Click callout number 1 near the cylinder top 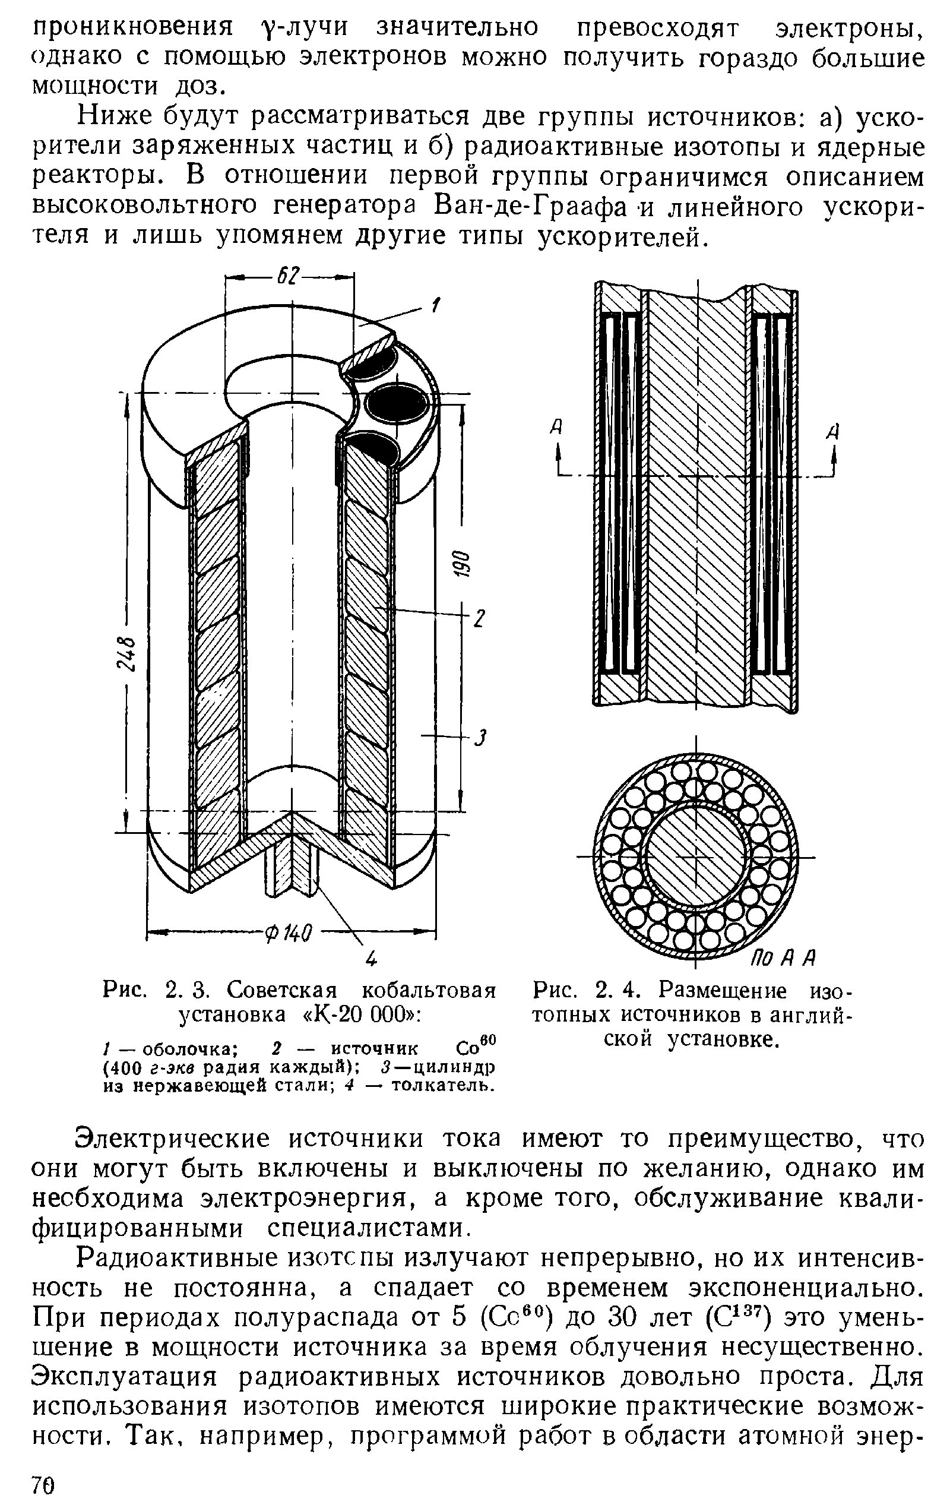(433, 306)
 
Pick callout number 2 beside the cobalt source (478, 619)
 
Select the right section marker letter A (832, 431)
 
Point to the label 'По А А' (782, 957)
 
